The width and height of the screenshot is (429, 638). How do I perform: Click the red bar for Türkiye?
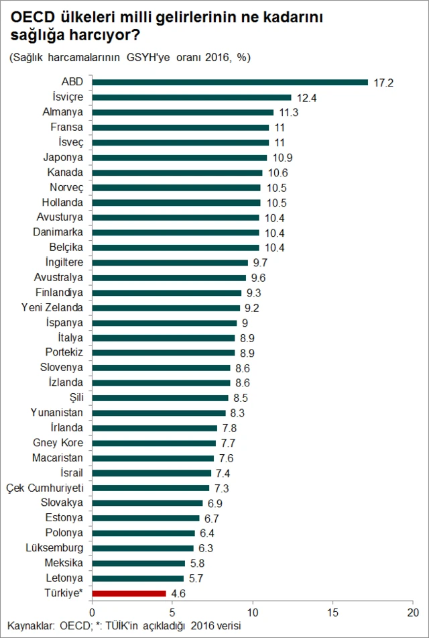click(129, 593)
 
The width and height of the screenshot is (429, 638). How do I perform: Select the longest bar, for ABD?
click(230, 82)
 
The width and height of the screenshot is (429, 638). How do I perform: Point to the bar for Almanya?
click(182, 112)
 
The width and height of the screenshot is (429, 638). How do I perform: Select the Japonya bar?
click(179, 158)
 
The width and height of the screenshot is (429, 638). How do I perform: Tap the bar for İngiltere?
click(170, 263)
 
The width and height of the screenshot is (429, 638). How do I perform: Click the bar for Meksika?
click(138, 563)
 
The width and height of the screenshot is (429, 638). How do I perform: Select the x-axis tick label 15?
click(332, 613)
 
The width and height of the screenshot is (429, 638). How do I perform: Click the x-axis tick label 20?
click(413, 613)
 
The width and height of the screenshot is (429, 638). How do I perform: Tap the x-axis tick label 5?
click(172, 613)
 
